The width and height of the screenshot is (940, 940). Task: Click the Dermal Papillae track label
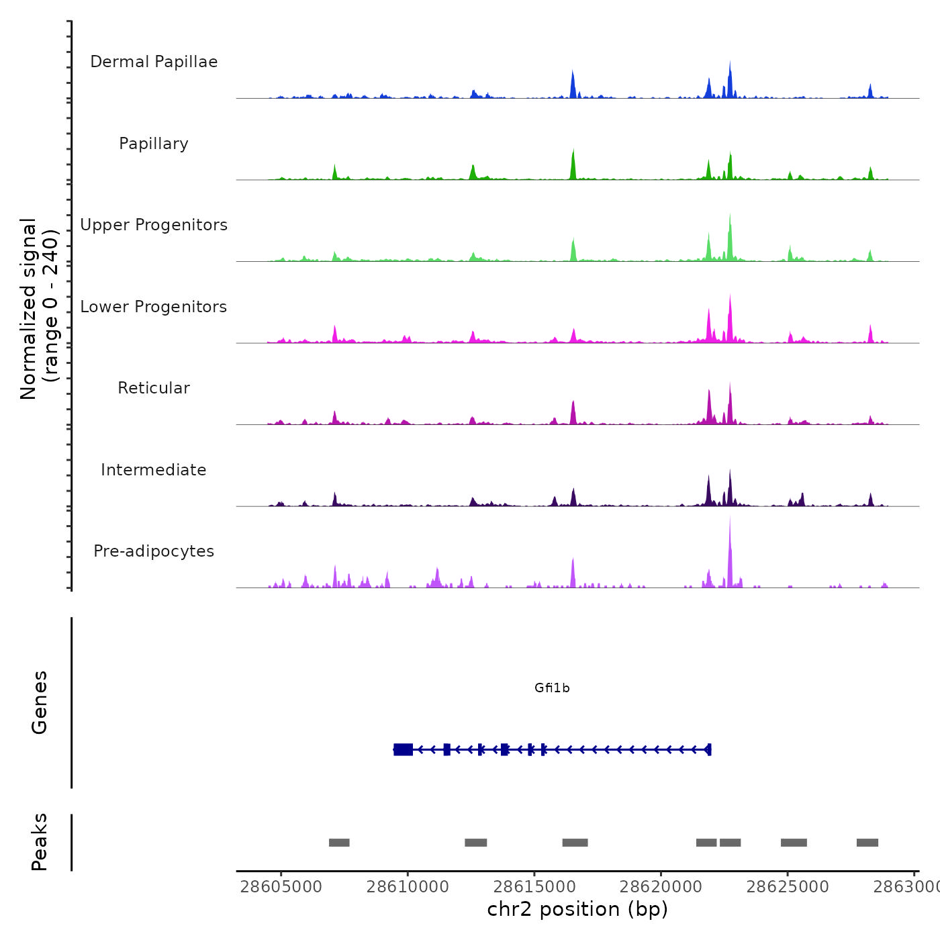point(154,62)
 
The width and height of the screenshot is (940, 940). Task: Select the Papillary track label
point(154,144)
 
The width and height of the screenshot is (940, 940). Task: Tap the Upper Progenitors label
point(154,225)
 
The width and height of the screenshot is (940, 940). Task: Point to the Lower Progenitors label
point(154,307)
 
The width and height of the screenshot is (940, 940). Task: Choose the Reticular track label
point(154,388)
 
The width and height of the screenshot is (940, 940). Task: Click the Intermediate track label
point(154,470)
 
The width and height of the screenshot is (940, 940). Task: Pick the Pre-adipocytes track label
point(154,551)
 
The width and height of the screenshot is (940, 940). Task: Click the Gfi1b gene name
point(552,688)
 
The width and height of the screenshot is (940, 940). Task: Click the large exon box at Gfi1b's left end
point(404,749)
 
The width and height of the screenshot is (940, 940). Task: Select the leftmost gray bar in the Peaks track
point(339,843)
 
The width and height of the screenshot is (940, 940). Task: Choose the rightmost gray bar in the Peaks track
point(867,843)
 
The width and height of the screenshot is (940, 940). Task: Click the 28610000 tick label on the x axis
point(408,886)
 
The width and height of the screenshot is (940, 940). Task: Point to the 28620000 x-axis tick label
point(661,886)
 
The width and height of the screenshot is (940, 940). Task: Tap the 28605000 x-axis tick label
point(281,886)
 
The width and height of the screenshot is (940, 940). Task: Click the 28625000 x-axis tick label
point(788,886)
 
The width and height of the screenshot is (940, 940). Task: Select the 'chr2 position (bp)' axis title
point(577,909)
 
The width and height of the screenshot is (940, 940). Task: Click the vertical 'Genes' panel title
point(40,702)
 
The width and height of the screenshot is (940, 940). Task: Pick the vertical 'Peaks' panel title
point(40,842)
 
